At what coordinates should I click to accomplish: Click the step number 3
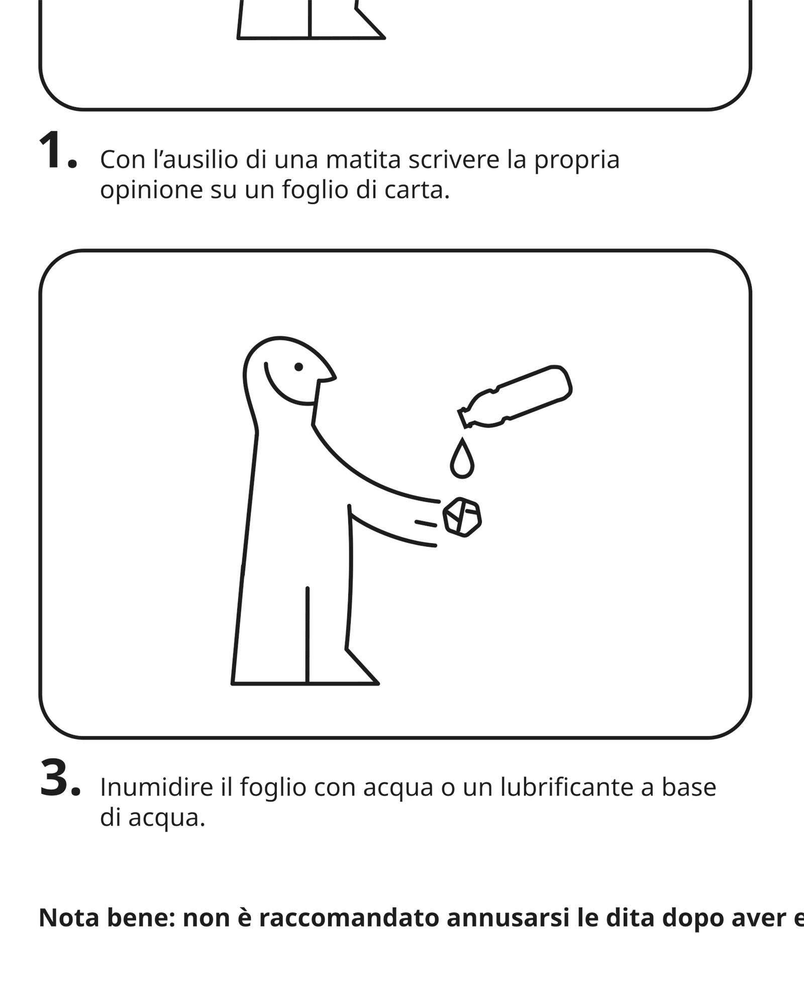tap(59, 778)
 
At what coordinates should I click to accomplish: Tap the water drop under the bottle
tap(462, 458)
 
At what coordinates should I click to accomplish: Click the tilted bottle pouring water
tap(515, 397)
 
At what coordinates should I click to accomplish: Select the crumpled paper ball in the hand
tap(462, 517)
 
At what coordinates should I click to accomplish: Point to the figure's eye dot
tap(298, 367)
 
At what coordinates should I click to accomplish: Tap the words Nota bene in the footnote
tap(107, 918)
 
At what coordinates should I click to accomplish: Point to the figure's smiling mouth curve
tap(284, 391)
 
